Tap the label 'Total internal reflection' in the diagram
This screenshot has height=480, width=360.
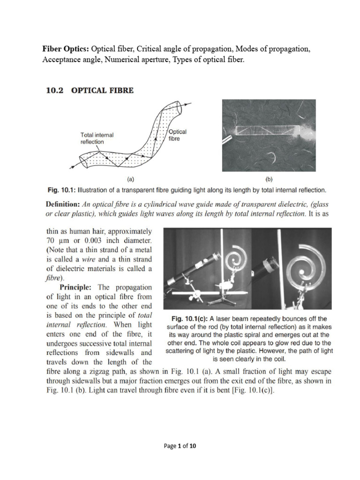click(97, 138)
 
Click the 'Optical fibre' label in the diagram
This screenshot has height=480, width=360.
click(177, 136)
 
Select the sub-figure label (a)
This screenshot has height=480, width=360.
click(131, 179)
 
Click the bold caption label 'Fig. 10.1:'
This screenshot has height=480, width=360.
click(62, 190)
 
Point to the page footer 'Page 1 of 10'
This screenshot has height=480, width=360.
click(180, 446)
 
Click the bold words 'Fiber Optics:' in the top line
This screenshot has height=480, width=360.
click(66, 49)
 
